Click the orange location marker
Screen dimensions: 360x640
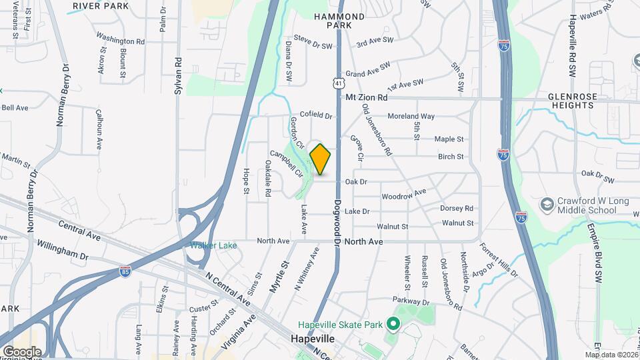(x=321, y=159)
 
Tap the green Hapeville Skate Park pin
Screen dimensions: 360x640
(x=393, y=325)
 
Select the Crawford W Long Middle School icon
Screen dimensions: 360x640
(x=547, y=203)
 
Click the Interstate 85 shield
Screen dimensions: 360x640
(x=125, y=271)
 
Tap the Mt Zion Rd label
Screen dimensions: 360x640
(x=367, y=97)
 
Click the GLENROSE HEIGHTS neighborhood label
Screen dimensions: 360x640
(x=573, y=101)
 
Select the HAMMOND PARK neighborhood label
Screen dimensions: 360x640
(x=340, y=21)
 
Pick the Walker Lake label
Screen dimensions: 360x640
(x=213, y=245)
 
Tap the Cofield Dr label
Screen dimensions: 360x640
(x=315, y=115)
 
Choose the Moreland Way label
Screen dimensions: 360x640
(x=411, y=116)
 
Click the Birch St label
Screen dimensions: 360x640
(x=451, y=157)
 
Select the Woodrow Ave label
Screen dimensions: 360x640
(x=403, y=195)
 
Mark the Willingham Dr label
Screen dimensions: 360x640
(x=63, y=250)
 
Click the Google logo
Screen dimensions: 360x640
(x=22, y=351)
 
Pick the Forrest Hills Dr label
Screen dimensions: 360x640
(x=498, y=259)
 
